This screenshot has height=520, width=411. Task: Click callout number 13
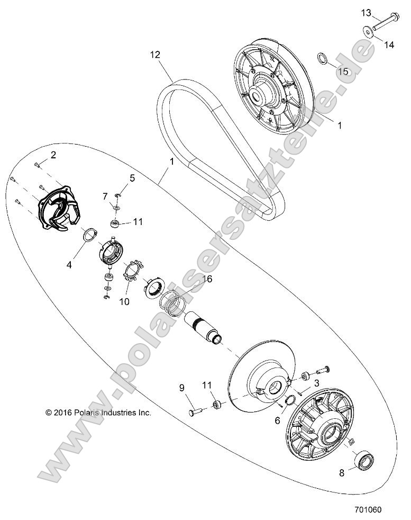pyautogui.click(x=366, y=12)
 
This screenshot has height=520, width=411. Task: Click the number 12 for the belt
pyautogui.click(x=154, y=54)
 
